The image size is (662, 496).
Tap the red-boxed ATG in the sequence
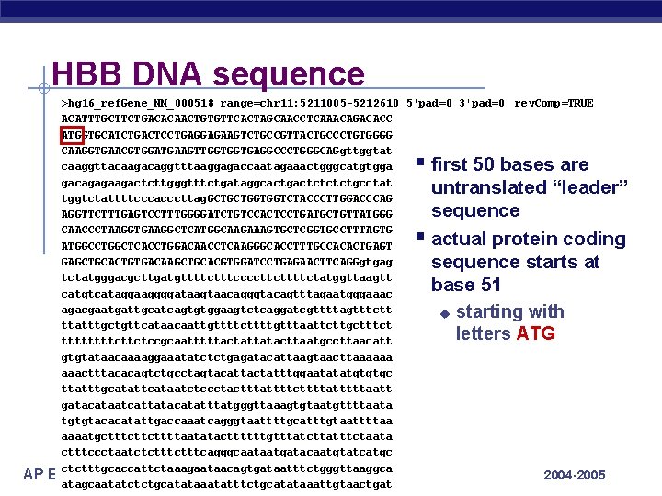pyautogui.click(x=72, y=135)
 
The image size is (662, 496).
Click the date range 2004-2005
pyautogui.click(x=575, y=475)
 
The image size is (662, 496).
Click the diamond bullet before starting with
pyautogui.click(x=444, y=312)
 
